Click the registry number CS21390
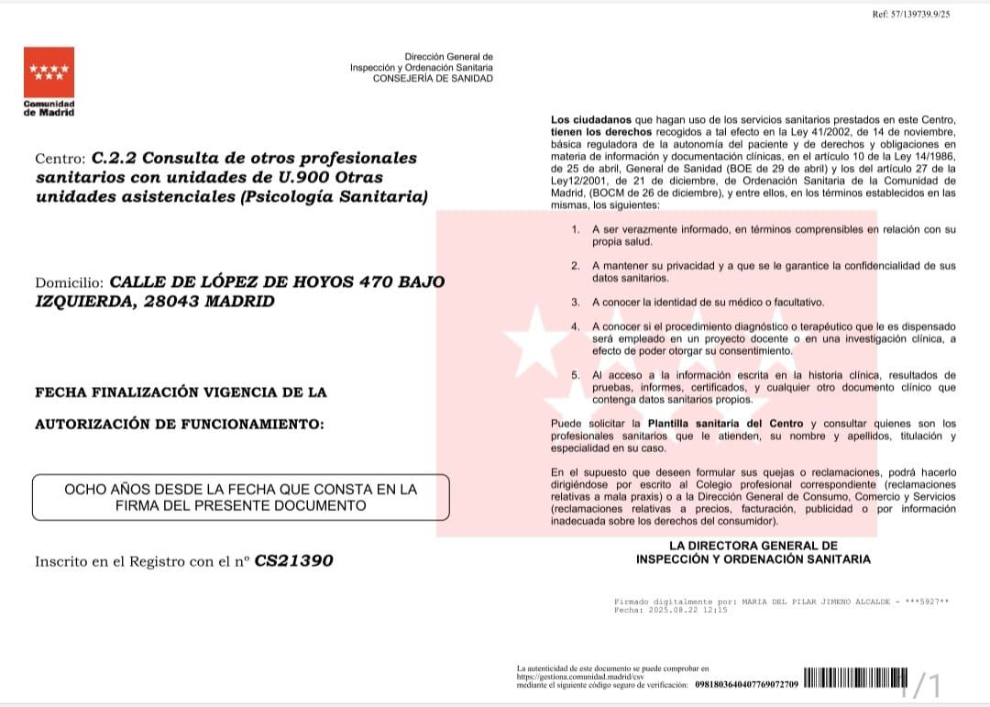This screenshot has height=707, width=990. pos(293,560)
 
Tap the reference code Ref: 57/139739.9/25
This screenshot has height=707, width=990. pos(912,15)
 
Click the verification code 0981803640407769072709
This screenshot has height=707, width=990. pos(746,684)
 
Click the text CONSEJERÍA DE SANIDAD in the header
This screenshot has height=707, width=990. pos(433,79)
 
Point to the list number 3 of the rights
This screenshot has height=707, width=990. pos(575,302)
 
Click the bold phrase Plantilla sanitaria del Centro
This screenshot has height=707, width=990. pos(727,424)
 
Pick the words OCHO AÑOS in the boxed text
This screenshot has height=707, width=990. pos(107,490)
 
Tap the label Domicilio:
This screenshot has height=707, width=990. pos(67,282)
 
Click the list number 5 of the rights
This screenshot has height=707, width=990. pos(575,375)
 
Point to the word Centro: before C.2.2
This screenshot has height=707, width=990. pos(60,159)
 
